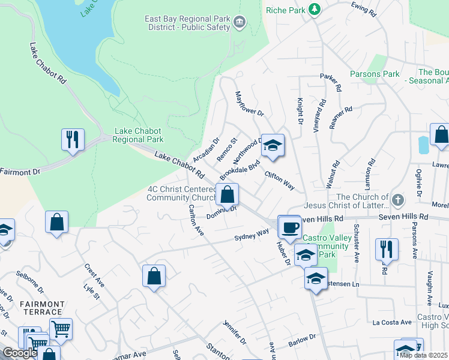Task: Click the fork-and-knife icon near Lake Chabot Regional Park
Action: pos(73,140)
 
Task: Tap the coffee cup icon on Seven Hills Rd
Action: pos(289,227)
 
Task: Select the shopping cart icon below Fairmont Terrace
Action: pos(61,329)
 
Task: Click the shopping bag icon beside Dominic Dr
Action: pos(228,194)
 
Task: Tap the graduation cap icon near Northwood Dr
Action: pos(273,145)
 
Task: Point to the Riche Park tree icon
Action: pos(314,9)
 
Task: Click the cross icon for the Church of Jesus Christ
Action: pos(397,199)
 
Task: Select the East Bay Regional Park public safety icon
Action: pos(240,23)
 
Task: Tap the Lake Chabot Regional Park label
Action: pos(139,135)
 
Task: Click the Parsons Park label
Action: pos(375,74)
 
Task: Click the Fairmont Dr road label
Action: pos(20,172)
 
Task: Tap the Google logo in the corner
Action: pos(20,353)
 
